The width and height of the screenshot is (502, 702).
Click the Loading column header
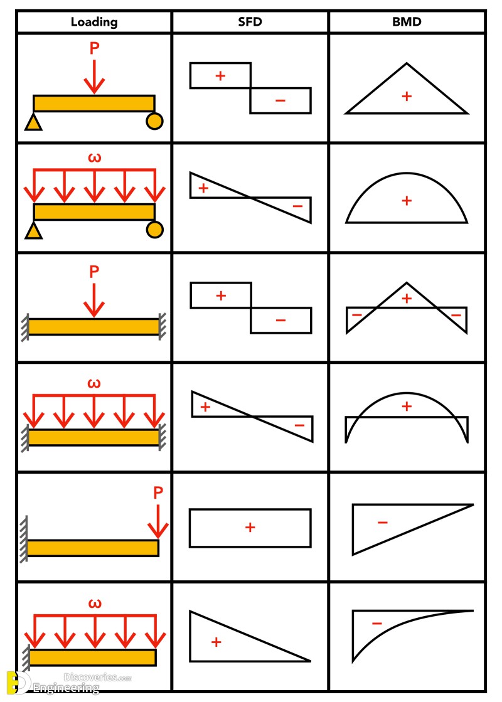coord(94,22)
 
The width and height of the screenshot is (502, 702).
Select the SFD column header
coord(250,22)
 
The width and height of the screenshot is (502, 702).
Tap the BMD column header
coord(406,22)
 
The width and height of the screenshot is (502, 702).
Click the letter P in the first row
coord(94,48)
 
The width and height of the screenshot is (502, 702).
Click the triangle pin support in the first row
coord(33,122)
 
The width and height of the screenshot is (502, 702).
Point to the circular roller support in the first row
coord(154,120)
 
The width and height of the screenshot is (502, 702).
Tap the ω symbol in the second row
coord(94,157)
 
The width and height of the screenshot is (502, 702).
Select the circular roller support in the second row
coord(154,230)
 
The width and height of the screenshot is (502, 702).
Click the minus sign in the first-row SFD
coord(280,100)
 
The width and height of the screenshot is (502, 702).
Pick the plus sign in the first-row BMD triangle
coord(407,96)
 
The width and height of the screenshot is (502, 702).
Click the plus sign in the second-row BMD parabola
coord(407,201)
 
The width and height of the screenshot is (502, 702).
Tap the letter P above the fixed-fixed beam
coord(94,272)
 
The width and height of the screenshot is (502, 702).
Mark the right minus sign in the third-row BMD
coord(456,315)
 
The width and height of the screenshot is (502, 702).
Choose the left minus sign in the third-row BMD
coord(357,315)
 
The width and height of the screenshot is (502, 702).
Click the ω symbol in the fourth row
coord(94,383)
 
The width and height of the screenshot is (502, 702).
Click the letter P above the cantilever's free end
coord(158,492)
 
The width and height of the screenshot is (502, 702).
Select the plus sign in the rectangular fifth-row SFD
coord(250,528)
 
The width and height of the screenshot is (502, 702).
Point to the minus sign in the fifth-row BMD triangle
coord(383,522)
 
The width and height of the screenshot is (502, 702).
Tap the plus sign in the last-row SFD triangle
coord(216,642)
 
